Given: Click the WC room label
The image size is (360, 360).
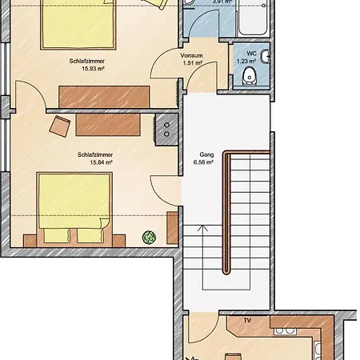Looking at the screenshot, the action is (251, 54).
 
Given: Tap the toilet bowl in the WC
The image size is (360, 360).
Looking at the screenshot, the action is (250, 76).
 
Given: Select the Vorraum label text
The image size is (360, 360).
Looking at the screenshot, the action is (191, 56).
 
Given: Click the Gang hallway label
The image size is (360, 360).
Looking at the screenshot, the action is (206, 154).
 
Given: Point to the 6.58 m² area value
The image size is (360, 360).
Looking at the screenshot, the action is (203, 162).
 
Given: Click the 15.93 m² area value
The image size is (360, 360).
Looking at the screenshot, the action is (93, 69).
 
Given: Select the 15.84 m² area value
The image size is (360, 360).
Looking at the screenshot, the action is (101, 162).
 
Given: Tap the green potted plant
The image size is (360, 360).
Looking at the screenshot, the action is (149, 237).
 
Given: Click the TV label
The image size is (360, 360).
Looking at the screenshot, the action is (247, 321).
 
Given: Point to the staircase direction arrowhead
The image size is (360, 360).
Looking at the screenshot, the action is (203, 228).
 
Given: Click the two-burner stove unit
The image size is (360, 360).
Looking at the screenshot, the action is (166, 130).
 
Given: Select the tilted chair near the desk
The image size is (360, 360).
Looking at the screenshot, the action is (60, 126).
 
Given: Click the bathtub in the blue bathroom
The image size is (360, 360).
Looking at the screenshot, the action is (253, 18).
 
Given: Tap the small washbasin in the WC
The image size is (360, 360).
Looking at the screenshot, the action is (266, 57).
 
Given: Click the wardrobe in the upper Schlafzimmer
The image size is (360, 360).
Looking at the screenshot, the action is (104, 97).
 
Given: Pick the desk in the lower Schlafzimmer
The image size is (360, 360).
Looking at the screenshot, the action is (108, 125).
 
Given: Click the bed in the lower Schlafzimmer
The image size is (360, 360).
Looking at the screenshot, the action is (74, 207).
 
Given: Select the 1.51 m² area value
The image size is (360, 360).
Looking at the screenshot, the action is (193, 63).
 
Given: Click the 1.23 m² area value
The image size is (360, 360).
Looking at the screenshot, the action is (246, 61).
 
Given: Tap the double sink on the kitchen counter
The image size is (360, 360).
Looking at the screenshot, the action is (285, 331).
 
